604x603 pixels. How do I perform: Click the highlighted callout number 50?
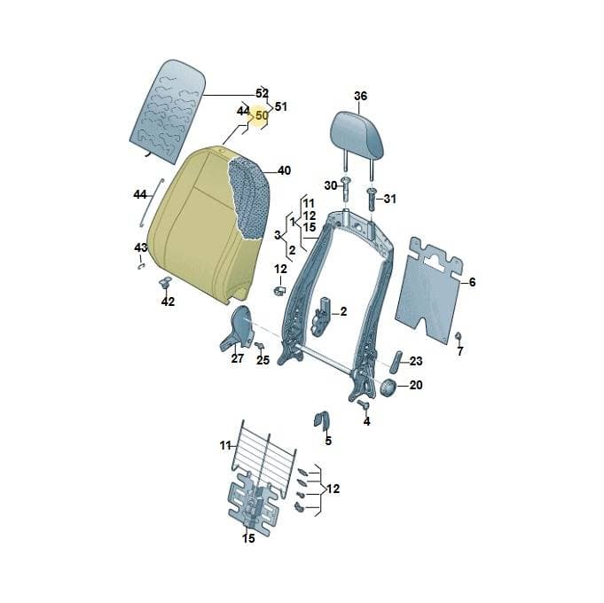pos(261,115)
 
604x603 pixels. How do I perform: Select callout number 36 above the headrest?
pos(361,96)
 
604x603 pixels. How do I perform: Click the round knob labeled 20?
pos(388,387)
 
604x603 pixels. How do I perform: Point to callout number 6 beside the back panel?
pos(472,282)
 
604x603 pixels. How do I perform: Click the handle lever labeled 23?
pos(396,362)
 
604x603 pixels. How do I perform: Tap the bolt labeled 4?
pos(363,404)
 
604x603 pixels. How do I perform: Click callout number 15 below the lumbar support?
pos(248,538)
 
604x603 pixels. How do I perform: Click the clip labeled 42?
pos(166,283)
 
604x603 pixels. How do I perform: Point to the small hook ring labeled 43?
pos(141,266)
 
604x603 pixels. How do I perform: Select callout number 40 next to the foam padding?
pos(284,170)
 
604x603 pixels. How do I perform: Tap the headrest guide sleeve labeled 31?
pos(372,199)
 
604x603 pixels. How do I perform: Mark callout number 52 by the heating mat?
pos(263,93)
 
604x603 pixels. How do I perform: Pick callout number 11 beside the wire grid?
pos(225,446)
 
